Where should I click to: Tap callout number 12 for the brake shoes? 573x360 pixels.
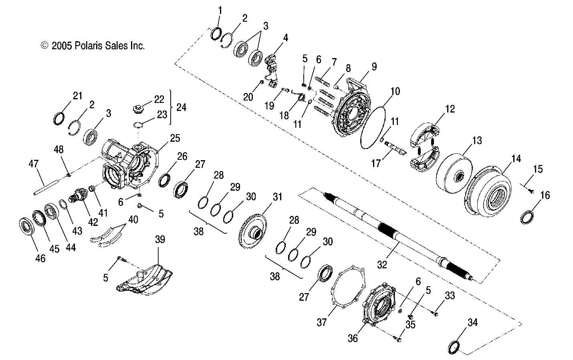tap(450, 109)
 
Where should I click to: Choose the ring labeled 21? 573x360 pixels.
tap(59, 119)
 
